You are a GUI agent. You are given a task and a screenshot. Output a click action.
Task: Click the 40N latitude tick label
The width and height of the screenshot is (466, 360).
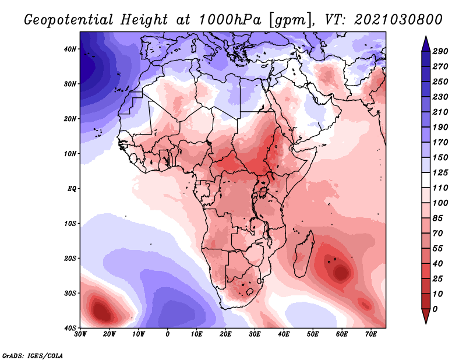pos(70,49)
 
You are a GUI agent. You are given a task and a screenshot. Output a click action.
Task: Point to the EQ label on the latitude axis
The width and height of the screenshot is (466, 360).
pos(72,189)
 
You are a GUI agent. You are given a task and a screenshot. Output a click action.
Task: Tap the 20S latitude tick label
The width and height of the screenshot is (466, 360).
pos(70,258)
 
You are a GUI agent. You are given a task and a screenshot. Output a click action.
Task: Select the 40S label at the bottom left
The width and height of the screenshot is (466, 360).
pos(70,328)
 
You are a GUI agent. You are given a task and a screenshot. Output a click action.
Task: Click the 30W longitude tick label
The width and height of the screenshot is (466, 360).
pos(80,334)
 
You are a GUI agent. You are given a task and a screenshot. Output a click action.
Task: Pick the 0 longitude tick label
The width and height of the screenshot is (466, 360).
pos(168,334)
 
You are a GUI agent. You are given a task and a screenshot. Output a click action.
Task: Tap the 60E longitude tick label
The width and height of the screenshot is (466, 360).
pos(342,334)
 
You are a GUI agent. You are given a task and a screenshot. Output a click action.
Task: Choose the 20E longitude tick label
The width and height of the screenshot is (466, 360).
pos(225,334)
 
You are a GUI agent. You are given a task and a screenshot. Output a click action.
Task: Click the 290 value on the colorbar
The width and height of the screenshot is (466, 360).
pos(440,51)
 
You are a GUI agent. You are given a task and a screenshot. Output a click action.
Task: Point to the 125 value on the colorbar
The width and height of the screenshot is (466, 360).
pos(440,172)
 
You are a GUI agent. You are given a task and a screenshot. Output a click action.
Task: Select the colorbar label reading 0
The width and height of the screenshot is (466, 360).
pos(435,309)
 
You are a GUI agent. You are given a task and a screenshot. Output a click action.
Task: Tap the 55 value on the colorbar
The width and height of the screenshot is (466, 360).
pos(438,249)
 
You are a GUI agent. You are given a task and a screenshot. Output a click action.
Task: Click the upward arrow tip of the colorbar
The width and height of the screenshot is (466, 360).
pos(426,37)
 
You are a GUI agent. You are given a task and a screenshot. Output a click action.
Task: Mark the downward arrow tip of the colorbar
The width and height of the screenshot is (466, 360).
pos(426,323)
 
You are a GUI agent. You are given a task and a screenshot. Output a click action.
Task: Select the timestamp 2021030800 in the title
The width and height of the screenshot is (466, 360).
pos(398,20)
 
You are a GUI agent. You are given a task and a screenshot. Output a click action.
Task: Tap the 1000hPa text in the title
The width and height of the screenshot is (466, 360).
pos(230,20)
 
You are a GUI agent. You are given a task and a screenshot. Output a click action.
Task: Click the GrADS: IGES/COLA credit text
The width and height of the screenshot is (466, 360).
pos(33,356)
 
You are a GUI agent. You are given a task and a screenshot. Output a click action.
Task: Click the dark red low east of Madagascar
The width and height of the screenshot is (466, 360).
pos(341,272)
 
